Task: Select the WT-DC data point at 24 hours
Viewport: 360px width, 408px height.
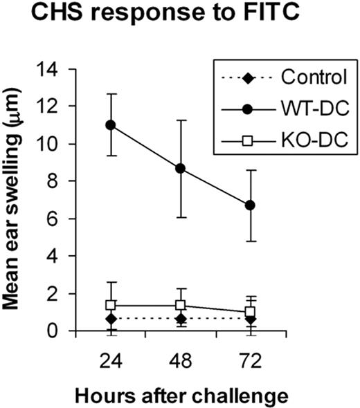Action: tap(109, 125)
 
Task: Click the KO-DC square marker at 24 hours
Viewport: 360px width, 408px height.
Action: tap(109, 305)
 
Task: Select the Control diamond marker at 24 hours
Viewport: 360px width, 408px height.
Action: tap(109, 318)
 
